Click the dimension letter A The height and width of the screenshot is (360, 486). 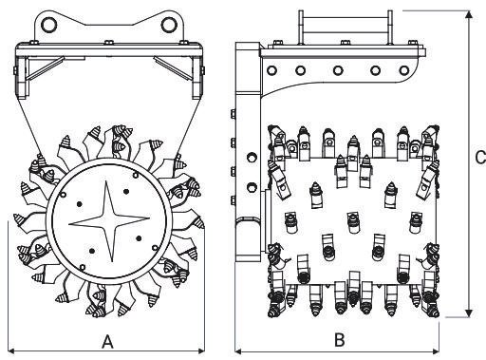(107, 341)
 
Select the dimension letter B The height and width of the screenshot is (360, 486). (340, 340)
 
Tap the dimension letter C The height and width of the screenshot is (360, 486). (480, 158)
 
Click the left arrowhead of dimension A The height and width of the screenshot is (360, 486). (11, 351)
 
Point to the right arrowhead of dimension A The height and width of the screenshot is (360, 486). (201, 351)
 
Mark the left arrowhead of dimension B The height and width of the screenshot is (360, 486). (238, 351)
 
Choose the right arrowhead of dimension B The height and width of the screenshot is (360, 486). (436, 351)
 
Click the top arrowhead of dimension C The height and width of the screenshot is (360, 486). (469, 14)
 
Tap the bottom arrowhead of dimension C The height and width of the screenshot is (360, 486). (469, 313)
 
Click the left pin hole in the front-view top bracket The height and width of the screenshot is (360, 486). (49, 25)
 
